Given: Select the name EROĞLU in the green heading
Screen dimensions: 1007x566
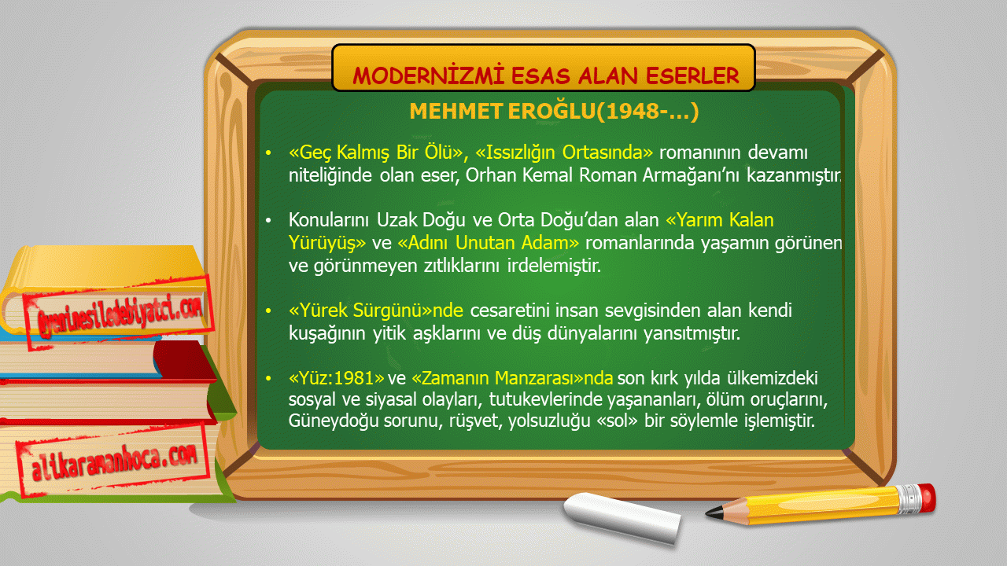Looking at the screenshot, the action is pos(551,111).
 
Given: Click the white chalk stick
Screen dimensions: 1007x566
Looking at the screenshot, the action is pos(622,517).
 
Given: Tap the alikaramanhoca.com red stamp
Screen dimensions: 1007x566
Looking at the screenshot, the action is pos(113,461).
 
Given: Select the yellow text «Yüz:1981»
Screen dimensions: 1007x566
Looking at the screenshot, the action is pos(336,378).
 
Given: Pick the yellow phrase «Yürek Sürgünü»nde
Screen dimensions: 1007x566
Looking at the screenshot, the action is pos(376,311).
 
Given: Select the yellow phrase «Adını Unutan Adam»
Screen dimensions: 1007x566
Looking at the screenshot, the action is pos(489,243).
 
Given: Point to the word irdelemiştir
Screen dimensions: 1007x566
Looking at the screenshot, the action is pos(554,266).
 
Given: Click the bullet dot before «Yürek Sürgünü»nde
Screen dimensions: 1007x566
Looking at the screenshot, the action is pos(268,311).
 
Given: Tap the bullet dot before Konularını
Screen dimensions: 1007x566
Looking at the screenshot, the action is pos(268,221).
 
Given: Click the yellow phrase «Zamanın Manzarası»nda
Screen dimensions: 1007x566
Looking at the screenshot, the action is pos(512,378).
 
